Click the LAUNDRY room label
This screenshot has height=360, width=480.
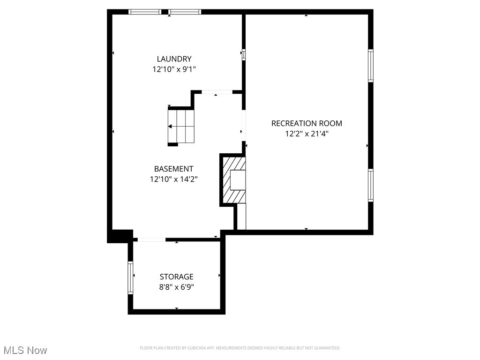174,59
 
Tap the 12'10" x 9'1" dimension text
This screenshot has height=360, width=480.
174,69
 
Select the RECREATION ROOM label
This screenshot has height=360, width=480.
307,123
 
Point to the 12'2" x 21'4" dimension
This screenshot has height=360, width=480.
307,134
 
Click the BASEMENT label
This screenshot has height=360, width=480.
173,169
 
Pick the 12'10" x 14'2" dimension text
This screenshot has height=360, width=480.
173,179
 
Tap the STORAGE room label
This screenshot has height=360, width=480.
176,277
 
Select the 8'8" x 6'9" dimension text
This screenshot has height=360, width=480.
176,287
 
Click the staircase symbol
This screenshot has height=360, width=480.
181,126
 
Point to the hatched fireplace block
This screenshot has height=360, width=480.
233,180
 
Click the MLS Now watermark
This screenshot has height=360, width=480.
25,350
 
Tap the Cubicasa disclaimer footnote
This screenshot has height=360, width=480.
240,348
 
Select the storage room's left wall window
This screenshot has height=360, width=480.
131,277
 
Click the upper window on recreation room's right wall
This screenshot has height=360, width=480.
370,66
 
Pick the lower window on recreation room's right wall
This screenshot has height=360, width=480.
370,185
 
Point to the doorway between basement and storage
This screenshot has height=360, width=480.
151,240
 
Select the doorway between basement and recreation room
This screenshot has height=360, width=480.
243,125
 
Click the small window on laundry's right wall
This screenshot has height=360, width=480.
243,54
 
